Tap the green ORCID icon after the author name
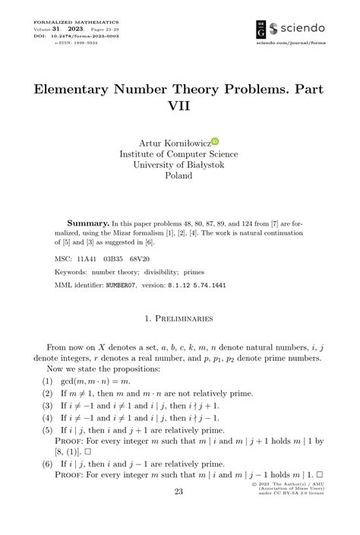[216, 141]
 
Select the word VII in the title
[179, 107]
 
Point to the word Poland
[179, 175]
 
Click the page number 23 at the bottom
[179, 514]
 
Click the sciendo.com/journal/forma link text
[291, 45]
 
